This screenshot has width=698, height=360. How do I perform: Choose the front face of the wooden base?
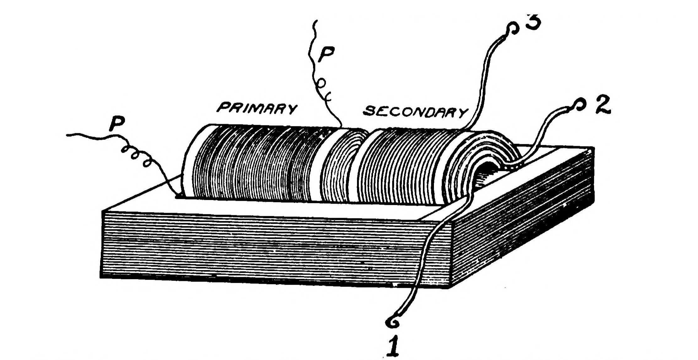click(273, 248)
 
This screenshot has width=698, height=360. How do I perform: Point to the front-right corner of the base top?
click(451, 222)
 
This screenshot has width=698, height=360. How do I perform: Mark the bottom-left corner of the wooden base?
click(101, 277)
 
